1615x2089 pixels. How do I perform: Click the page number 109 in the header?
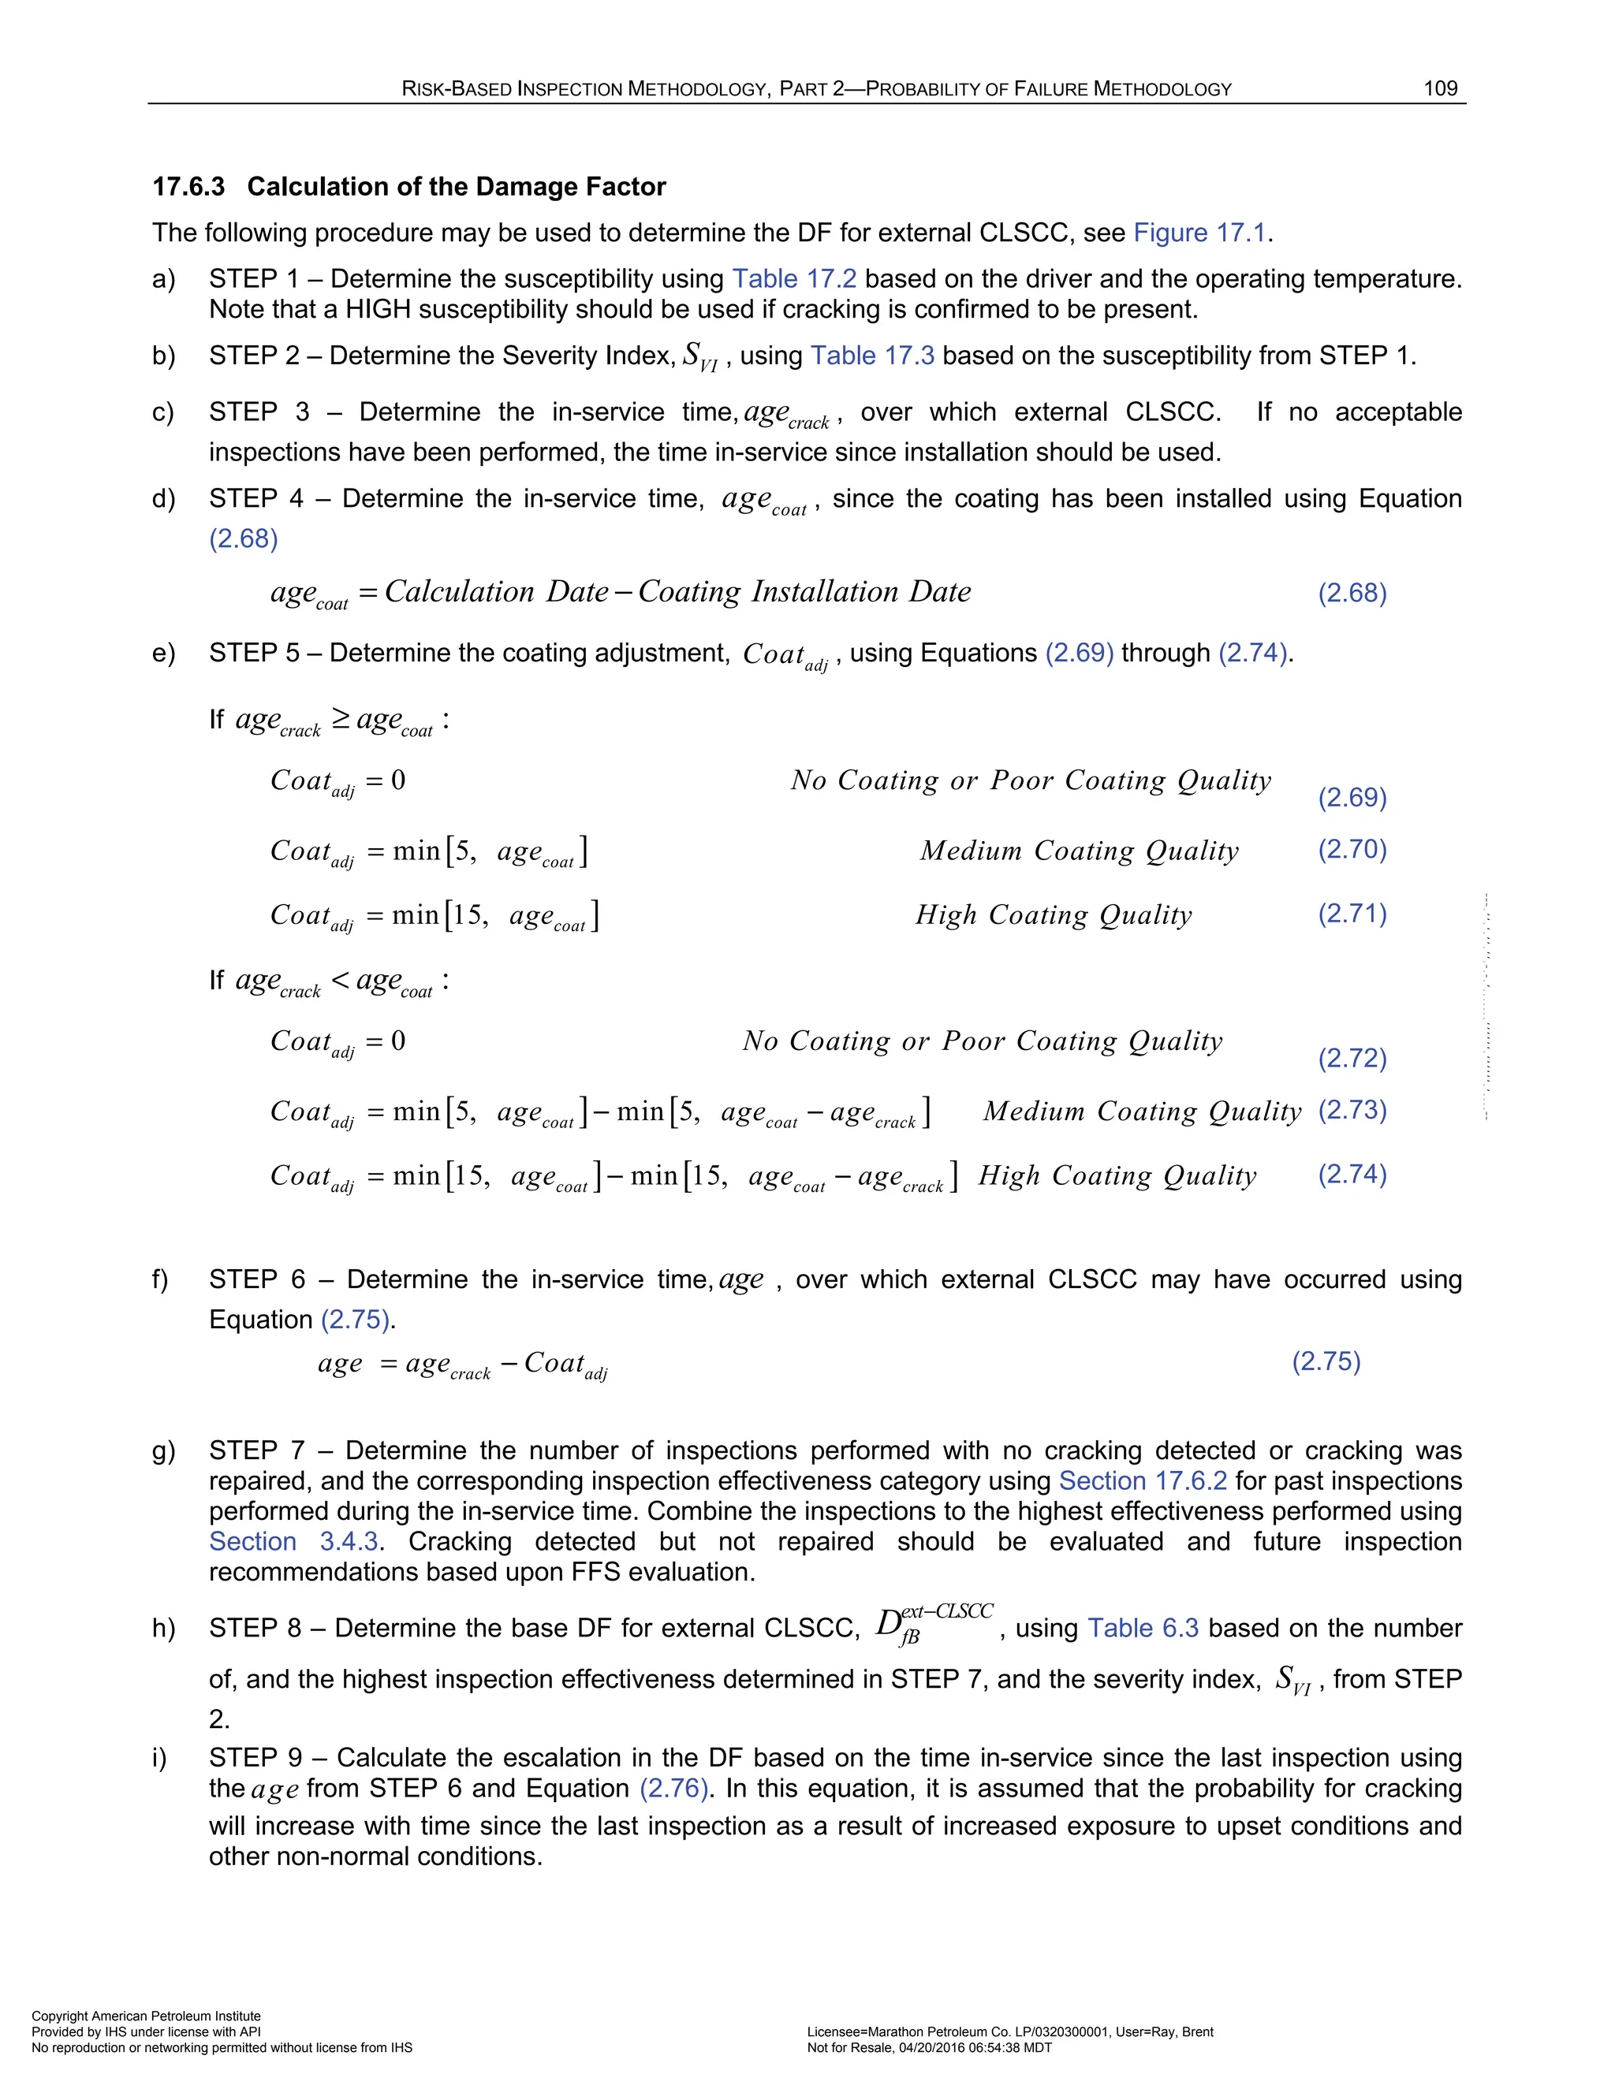click(1440, 89)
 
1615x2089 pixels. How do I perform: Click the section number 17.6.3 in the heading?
click(188, 187)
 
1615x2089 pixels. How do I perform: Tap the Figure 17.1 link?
click(1199, 233)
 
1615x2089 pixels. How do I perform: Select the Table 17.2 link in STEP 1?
click(793, 278)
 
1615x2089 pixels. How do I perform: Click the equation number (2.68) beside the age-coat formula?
click(1352, 592)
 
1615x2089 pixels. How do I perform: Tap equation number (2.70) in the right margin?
click(1352, 848)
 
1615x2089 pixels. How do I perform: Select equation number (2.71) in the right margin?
click(1352, 913)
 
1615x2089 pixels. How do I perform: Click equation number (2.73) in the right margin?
click(1352, 1110)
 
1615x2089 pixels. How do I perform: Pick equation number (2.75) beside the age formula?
click(1326, 1361)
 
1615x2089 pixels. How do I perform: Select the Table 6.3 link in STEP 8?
click(1143, 1628)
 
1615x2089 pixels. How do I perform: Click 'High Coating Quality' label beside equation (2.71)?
click(1054, 914)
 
